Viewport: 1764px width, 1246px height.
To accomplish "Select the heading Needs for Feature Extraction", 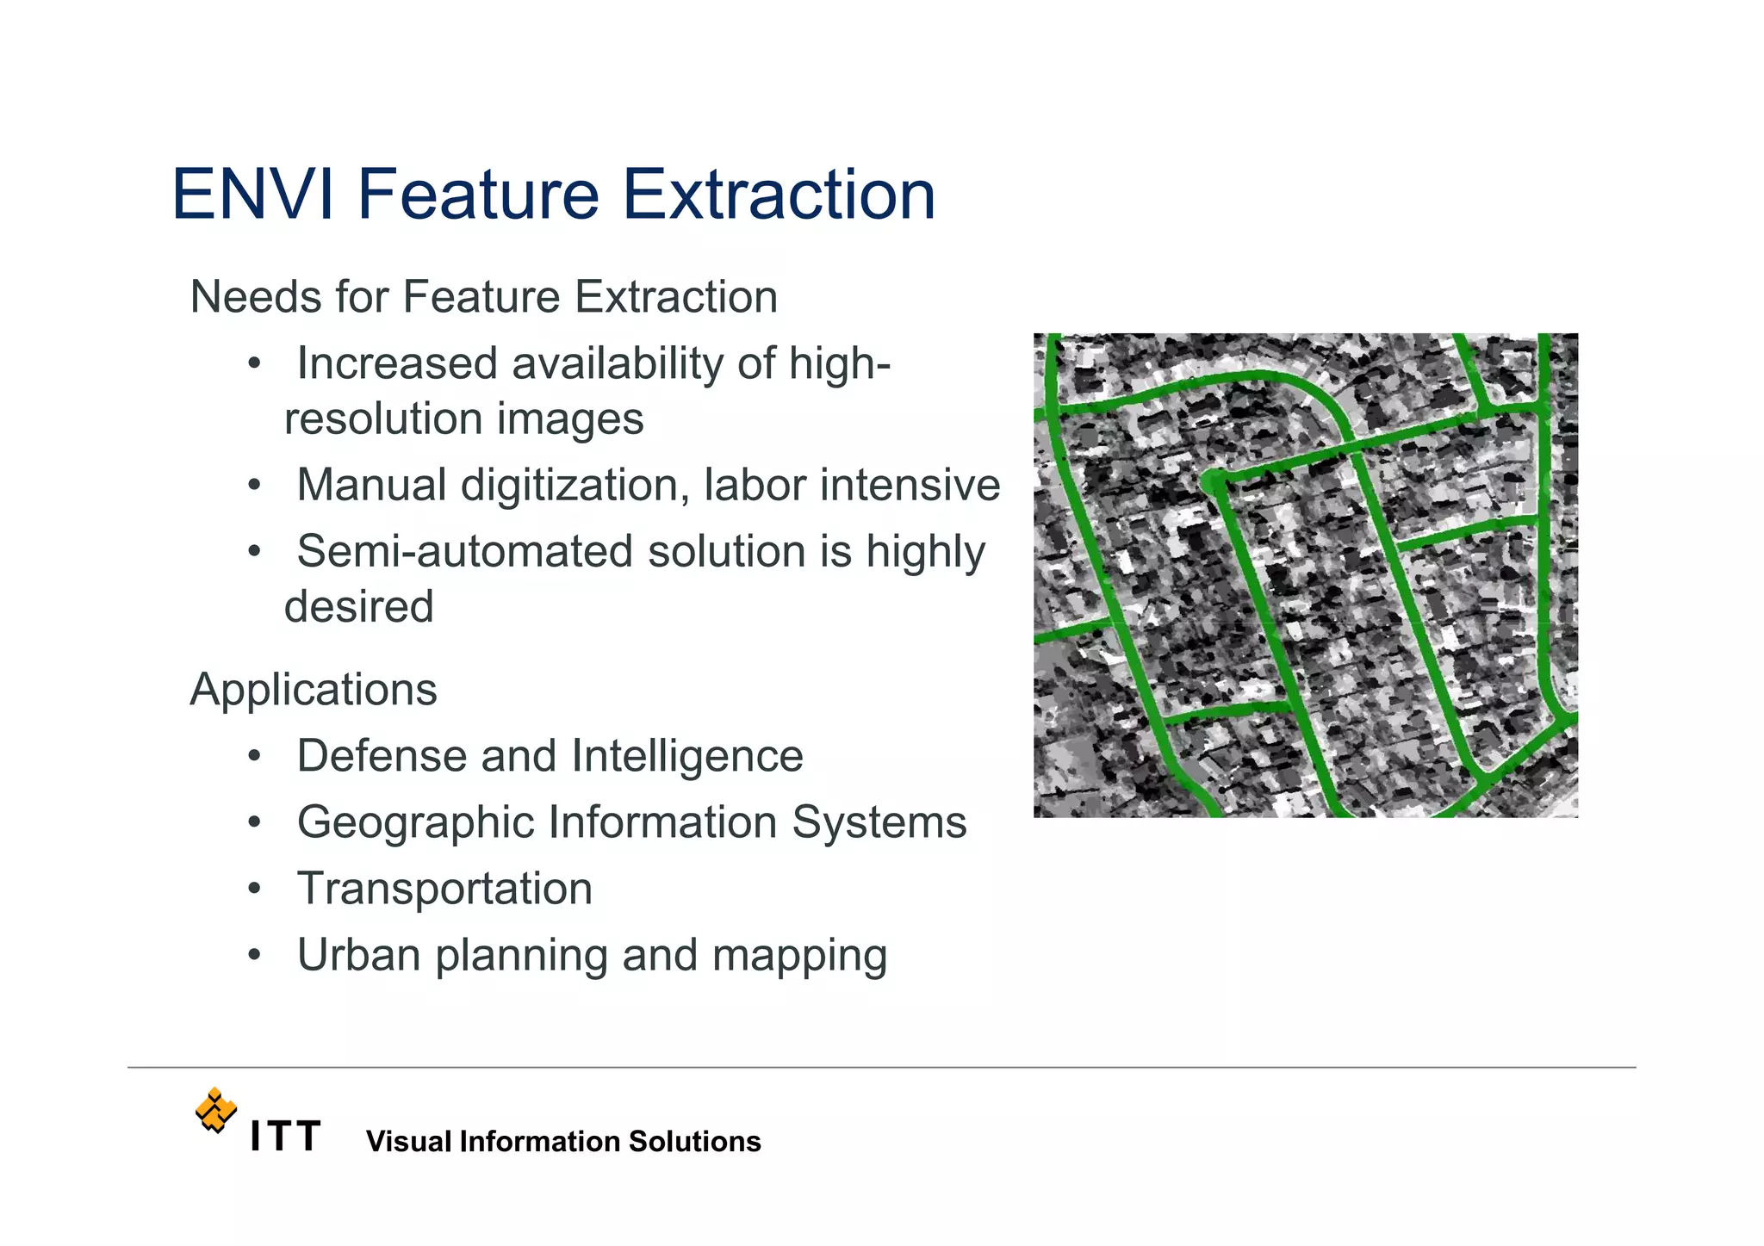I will pyautogui.click(x=483, y=297).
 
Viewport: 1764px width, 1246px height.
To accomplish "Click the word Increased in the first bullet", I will pyautogui.click(x=396, y=363).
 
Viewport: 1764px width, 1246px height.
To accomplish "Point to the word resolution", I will pyautogui.click(x=383, y=419).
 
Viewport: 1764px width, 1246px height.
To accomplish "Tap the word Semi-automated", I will pyautogui.click(x=465, y=551).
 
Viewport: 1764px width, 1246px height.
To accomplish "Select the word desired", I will pyautogui.click(x=359, y=606).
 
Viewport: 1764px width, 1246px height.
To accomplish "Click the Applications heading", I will pyautogui.click(x=314, y=690).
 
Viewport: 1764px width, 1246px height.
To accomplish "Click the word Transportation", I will pyautogui.click(x=444, y=889).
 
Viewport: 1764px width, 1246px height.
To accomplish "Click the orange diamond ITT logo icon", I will pyautogui.click(x=215, y=1110).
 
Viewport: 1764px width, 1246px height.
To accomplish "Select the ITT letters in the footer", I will pyautogui.click(x=285, y=1137).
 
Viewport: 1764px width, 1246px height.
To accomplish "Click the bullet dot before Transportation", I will pyautogui.click(x=253, y=889).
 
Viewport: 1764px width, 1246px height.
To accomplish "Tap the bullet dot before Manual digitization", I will pyautogui.click(x=253, y=486).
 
